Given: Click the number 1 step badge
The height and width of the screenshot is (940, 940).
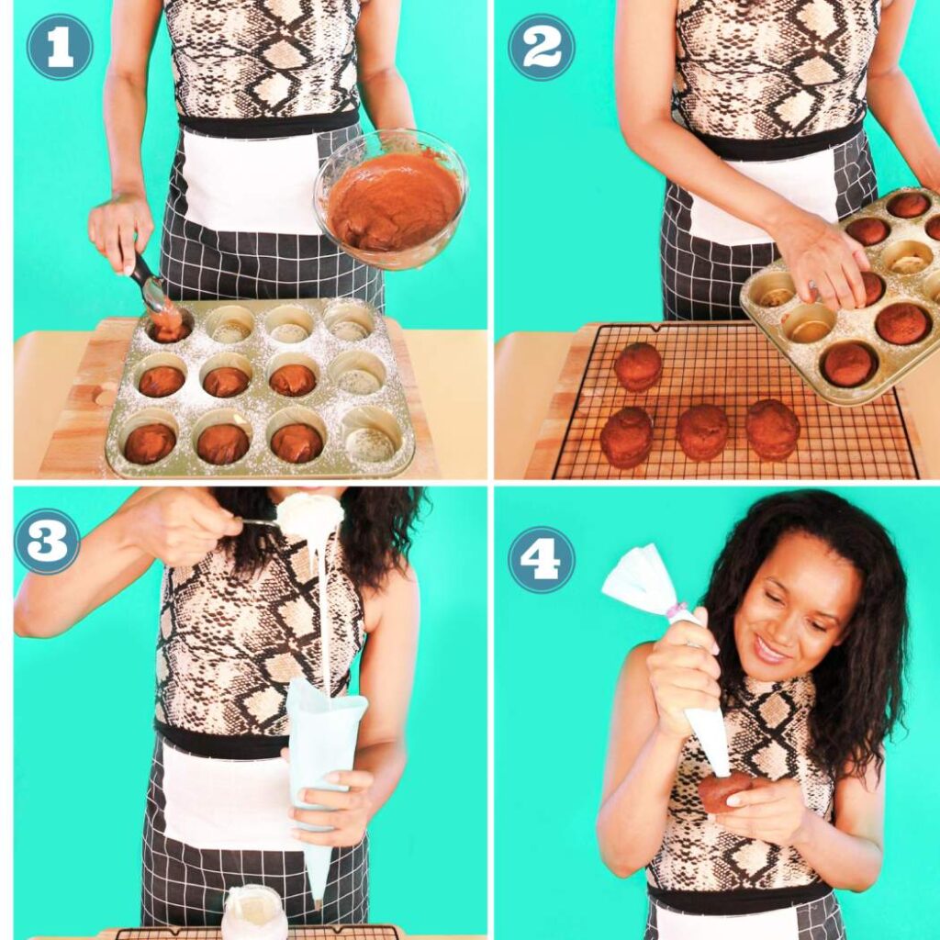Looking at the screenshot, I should point(60,47).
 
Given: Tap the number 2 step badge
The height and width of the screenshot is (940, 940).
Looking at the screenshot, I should point(542,47).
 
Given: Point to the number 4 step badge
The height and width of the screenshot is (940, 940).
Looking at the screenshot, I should point(542,559).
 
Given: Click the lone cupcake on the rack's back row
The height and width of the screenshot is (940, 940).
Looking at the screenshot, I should point(638,365).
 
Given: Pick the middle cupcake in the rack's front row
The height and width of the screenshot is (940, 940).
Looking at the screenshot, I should point(703,431).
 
